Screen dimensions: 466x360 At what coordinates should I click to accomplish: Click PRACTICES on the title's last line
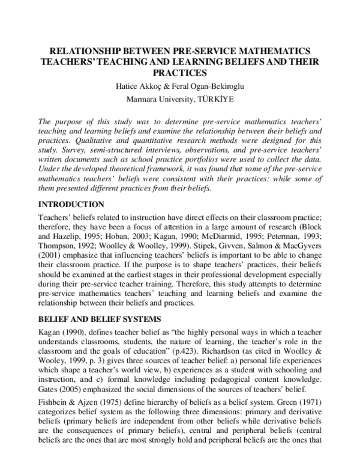tap(179, 74)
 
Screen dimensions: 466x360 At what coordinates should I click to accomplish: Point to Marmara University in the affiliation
tap(158, 99)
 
